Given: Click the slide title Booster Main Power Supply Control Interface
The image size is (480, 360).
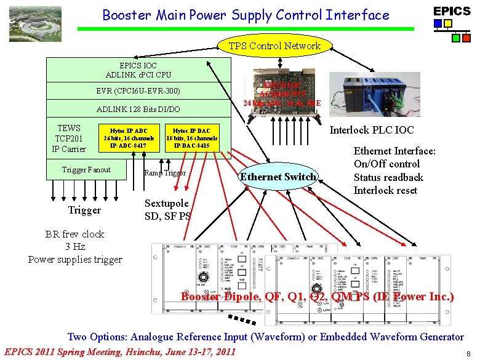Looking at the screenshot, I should pyautogui.click(x=246, y=15).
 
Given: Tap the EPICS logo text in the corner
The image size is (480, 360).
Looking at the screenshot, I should pyautogui.click(x=452, y=11).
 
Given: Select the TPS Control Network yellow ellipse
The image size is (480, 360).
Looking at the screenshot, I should pyautogui.click(x=274, y=46).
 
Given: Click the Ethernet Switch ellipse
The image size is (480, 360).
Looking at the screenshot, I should pyautogui.click(x=278, y=177).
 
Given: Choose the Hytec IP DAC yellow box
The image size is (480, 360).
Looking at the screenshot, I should pyautogui.click(x=191, y=138).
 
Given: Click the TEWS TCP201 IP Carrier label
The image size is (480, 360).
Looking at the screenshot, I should pyautogui.click(x=69, y=138).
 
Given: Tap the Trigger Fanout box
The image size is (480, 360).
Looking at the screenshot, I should pyautogui.click(x=86, y=169).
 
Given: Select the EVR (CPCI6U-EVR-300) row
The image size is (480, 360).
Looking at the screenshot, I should pyautogui.click(x=138, y=91).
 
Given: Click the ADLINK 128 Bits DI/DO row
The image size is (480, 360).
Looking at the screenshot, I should pyautogui.click(x=138, y=110).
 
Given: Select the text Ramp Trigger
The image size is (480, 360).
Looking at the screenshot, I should pyautogui.click(x=165, y=173).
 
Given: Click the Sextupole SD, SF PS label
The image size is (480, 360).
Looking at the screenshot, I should pyautogui.click(x=168, y=210).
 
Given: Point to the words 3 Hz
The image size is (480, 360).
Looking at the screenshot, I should pyautogui.click(x=75, y=247).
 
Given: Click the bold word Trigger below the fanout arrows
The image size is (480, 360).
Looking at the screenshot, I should pyautogui.click(x=84, y=210).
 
